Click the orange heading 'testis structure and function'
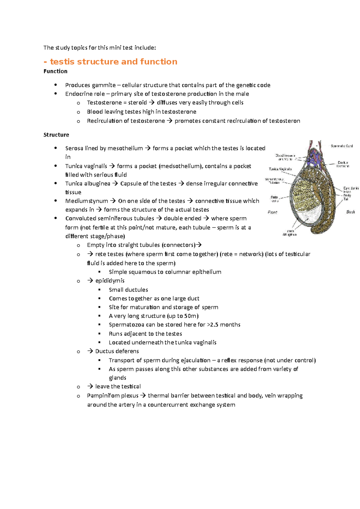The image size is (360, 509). point(113,62)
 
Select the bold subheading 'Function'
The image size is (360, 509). point(55,71)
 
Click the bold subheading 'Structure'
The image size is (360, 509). point(56,135)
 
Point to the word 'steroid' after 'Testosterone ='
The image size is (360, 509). point(137,103)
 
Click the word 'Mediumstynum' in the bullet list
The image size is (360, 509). point(86,201)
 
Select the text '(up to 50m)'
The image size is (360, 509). point(183,316)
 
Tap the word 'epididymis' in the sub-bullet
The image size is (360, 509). point(110,281)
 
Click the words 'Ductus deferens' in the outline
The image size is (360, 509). point(117,351)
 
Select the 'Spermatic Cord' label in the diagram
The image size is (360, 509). point(341,146)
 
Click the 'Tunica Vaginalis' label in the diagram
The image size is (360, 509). point(280,169)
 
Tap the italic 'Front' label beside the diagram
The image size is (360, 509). point(272,212)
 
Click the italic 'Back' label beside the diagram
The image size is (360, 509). point(350,212)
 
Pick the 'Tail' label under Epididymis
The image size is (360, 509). point(346,199)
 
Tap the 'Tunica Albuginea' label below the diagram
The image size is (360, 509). point(289,233)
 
